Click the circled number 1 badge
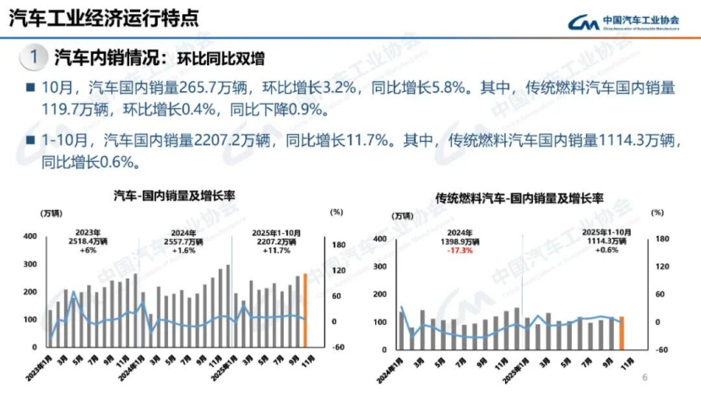[32, 58]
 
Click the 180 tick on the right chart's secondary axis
[662, 239]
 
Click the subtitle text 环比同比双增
[220, 59]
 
